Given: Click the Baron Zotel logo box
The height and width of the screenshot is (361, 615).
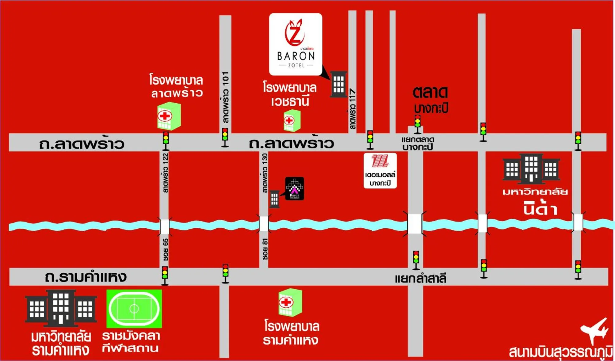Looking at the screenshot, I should click(296, 44).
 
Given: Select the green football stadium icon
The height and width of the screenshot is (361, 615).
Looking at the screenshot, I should click(134, 309).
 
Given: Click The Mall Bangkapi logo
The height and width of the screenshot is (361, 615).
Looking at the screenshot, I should click(380, 170).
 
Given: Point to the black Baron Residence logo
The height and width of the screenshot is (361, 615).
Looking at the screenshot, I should click(294, 188).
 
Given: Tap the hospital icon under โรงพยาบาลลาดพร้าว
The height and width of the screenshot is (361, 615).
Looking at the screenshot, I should click(169, 116).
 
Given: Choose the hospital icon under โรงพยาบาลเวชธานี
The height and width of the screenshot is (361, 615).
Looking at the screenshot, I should click(292, 121).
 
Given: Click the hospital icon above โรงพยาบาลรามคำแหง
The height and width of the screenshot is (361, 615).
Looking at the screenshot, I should click(290, 302).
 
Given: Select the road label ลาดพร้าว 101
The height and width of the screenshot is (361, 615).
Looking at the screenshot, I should click(225, 97).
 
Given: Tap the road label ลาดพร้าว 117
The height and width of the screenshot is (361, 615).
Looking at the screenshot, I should click(353, 109).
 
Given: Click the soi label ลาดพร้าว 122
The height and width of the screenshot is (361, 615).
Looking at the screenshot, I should click(165, 173).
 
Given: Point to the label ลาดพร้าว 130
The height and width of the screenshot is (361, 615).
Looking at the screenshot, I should click(265, 173).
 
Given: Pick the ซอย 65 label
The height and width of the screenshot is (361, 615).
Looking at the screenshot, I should click(165, 250).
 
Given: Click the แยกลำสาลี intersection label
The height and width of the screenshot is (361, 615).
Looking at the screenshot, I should click(420, 279).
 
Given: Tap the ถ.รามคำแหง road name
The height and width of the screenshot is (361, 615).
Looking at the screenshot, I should click(86, 277).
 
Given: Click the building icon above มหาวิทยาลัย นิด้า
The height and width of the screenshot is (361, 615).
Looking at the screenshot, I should click(531, 168).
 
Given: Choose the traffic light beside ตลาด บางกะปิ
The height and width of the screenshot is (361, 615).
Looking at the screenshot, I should click(417, 124).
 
